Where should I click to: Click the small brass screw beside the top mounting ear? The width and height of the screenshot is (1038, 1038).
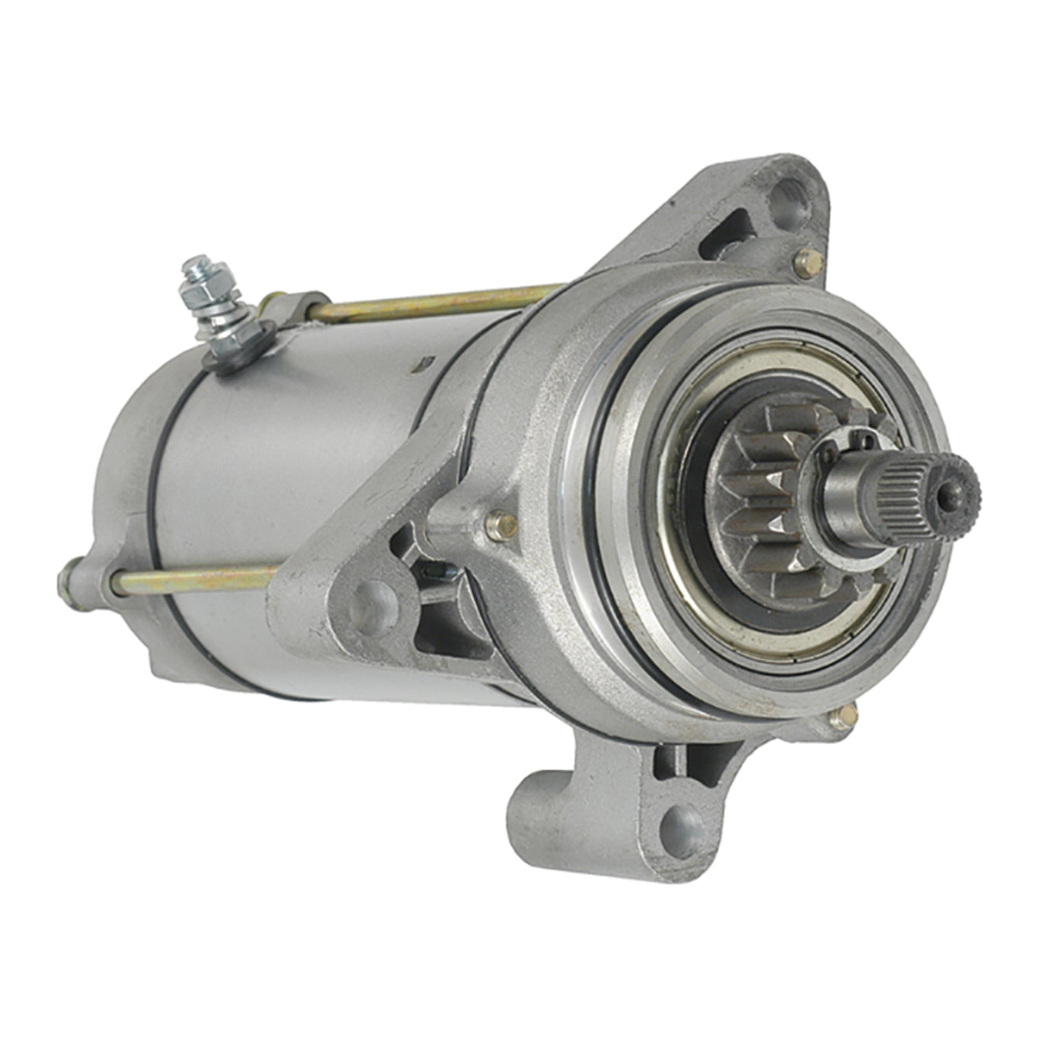coord(808,263)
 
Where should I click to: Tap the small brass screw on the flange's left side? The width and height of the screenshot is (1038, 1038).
coord(501,524)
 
